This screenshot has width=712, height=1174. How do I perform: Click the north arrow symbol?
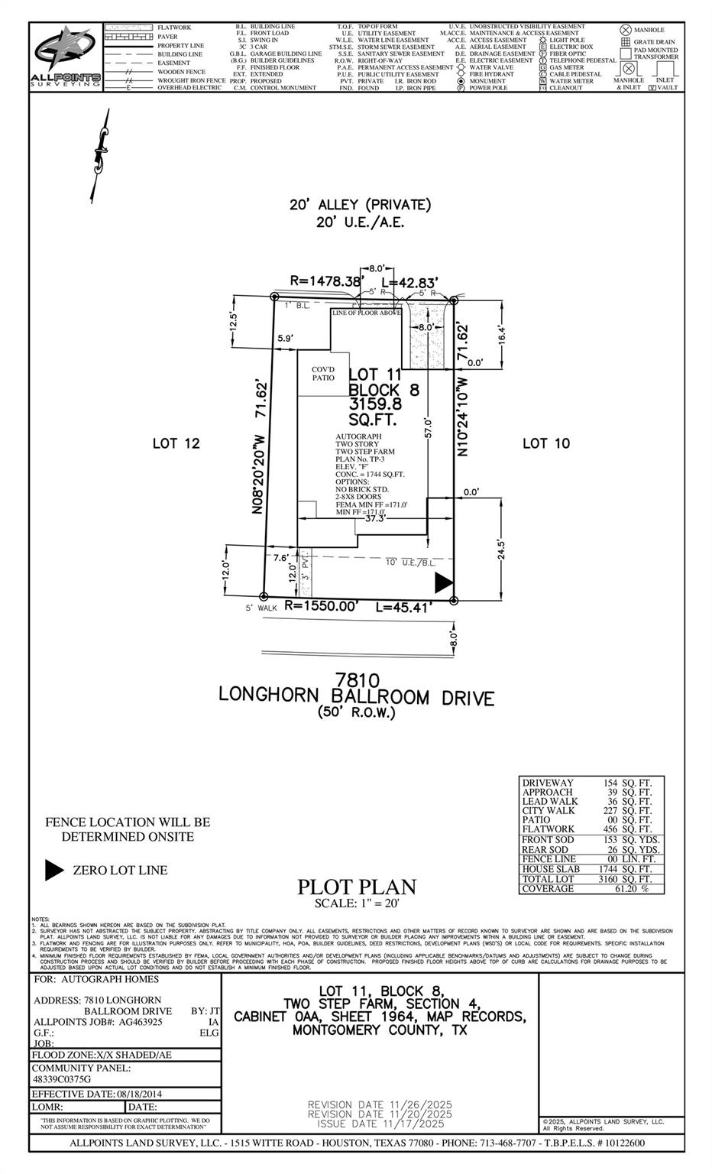pos(98,155)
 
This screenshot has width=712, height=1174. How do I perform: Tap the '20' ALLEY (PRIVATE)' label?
pos(360,205)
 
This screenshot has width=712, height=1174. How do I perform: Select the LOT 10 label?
pos(546,443)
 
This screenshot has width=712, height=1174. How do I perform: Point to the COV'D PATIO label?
pos(323,374)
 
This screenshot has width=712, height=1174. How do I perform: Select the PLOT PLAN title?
pos(356,887)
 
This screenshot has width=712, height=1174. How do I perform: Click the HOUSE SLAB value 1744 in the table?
pos(604,869)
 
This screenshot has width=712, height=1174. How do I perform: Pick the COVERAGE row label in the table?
pos(548,889)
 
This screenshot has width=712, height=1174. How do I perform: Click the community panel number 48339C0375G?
pos(61,1079)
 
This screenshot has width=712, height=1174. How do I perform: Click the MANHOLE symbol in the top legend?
pos(625,30)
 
